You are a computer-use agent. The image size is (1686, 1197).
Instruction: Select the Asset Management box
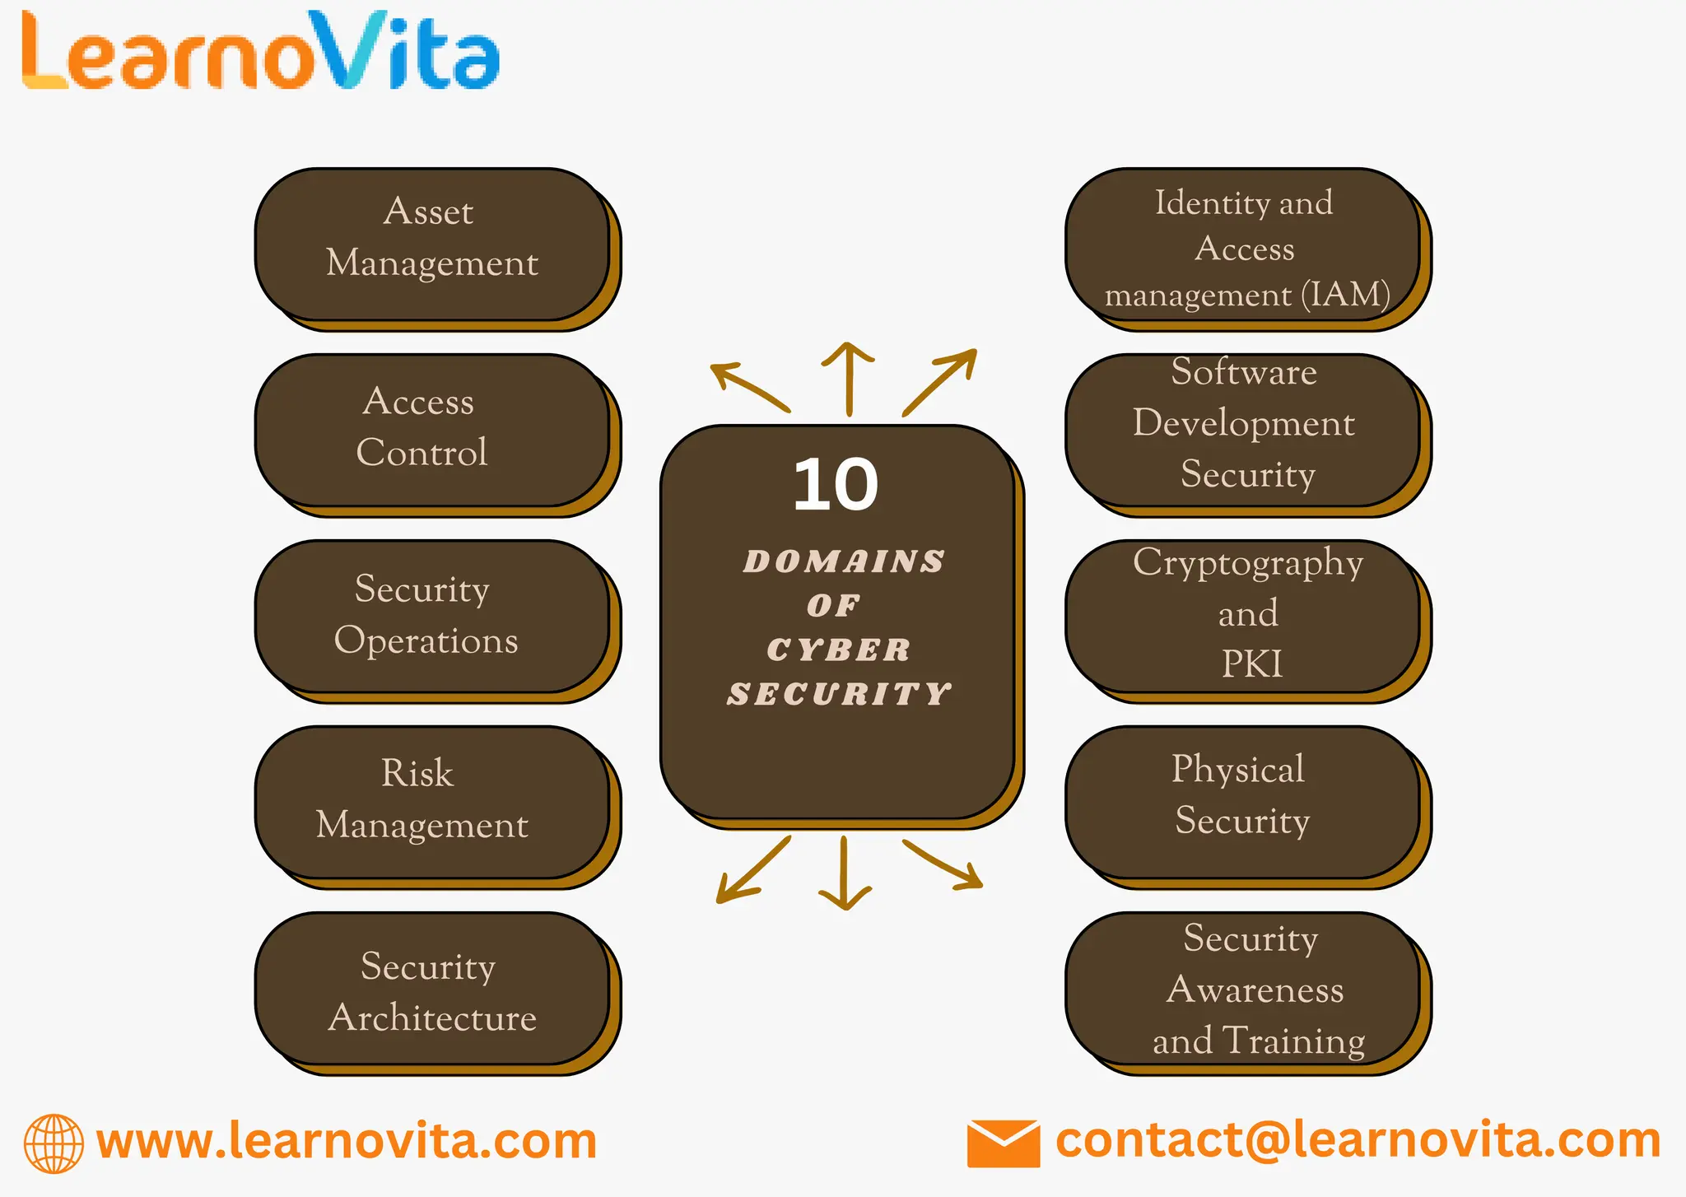click(433, 245)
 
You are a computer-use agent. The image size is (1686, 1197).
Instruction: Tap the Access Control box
click(433, 431)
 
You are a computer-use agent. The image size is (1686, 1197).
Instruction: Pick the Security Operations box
click(433, 617)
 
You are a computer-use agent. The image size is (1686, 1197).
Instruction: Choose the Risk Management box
click(433, 803)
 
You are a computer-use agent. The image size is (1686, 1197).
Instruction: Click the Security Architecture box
click(433, 989)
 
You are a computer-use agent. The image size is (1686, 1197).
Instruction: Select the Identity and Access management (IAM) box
click(1244, 245)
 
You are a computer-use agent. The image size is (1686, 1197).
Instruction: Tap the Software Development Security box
click(1244, 431)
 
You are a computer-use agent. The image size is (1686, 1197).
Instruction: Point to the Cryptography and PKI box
click(1244, 617)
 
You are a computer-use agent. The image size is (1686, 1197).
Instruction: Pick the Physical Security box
click(1244, 803)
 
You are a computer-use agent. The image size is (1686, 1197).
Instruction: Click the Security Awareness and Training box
click(1244, 989)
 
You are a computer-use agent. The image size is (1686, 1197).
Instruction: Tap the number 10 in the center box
click(836, 485)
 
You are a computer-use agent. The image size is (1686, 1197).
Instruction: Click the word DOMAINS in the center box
click(844, 561)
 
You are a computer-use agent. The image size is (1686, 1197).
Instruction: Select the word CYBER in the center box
click(839, 650)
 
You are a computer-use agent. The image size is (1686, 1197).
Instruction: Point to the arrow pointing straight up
click(849, 379)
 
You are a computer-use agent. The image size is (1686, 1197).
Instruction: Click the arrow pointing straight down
click(845, 873)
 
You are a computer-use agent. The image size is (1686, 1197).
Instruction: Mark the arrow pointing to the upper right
click(941, 381)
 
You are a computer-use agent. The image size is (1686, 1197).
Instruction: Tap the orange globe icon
click(54, 1143)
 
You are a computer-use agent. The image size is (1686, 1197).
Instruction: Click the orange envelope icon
click(1003, 1143)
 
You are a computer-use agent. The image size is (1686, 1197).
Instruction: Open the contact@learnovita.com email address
click(1358, 1141)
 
